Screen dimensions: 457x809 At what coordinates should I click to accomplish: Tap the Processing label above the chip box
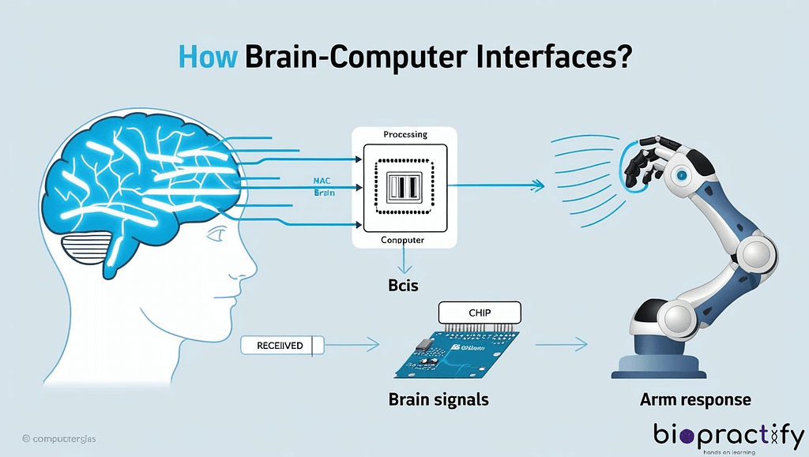point(405,135)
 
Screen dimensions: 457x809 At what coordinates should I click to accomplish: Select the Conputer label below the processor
point(403,240)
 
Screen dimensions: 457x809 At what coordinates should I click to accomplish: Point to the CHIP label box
point(480,313)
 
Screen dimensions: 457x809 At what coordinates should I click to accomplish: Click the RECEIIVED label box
point(280,345)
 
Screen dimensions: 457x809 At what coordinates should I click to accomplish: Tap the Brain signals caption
point(438,399)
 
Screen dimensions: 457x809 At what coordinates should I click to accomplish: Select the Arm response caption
point(695,399)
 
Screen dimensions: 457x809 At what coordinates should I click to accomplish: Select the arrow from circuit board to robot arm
point(561,344)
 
